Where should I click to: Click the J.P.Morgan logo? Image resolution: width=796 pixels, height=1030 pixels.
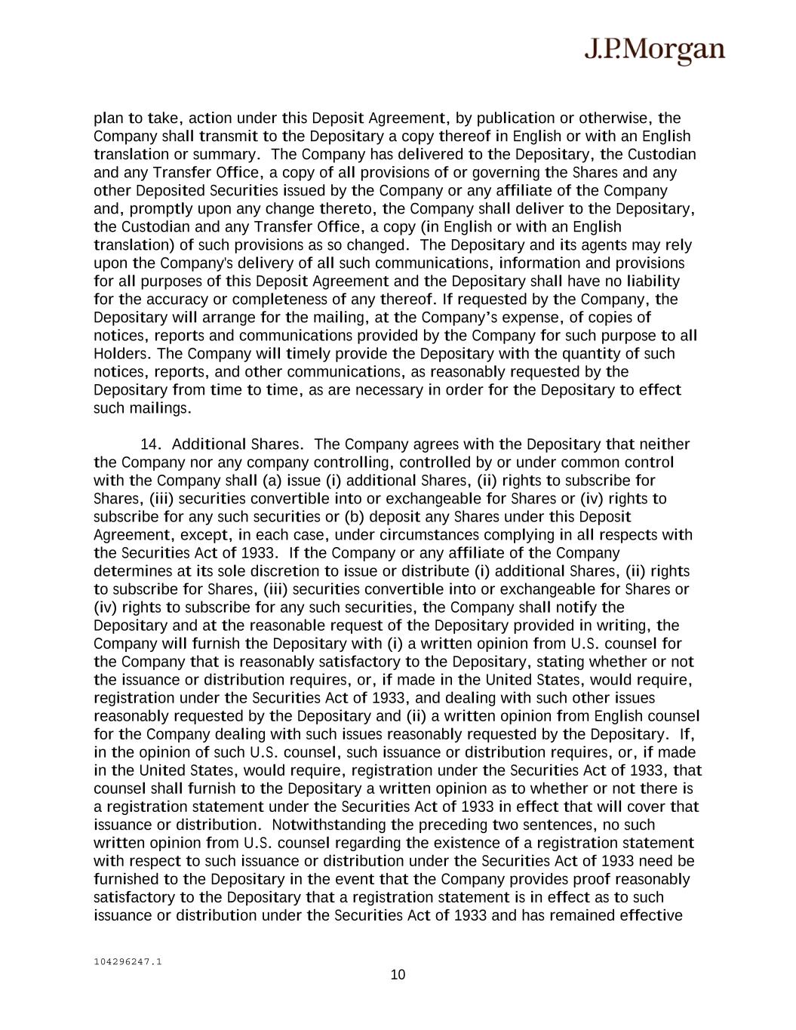pyautogui.click(x=654, y=51)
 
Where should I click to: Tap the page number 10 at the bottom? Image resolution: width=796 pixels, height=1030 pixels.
pyautogui.click(x=398, y=975)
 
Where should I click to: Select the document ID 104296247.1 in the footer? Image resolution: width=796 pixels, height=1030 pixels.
pyautogui.click(x=128, y=961)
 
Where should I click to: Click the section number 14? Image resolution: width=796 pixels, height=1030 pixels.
pyautogui.click(x=152, y=444)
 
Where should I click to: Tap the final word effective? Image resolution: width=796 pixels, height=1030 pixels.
pyautogui.click(x=650, y=915)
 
